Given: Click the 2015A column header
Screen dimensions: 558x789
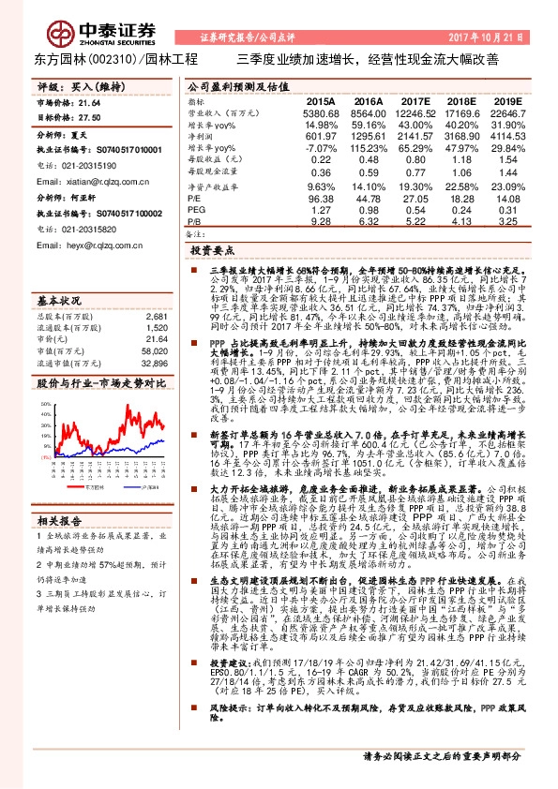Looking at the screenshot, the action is point(320,101).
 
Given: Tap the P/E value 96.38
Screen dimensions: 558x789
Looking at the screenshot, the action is point(320,199).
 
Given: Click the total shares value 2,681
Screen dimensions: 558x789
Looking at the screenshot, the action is point(157,318).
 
